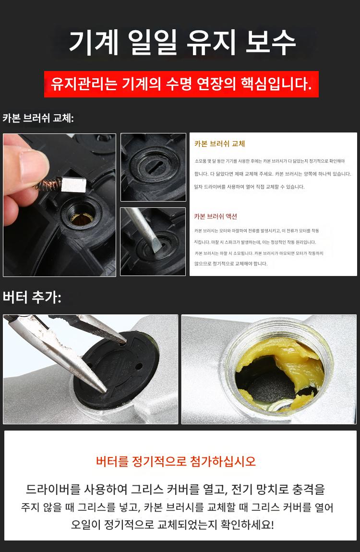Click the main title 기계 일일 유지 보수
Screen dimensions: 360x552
click(x=182, y=43)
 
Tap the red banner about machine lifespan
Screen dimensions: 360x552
click(x=181, y=84)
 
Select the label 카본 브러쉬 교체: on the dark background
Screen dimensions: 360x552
click(x=38, y=118)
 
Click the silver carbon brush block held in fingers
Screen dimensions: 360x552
click(x=73, y=184)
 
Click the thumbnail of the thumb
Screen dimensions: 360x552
click(x=34, y=164)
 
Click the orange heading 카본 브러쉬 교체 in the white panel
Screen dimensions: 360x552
click(x=219, y=144)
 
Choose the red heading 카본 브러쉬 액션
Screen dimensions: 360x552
click(x=216, y=216)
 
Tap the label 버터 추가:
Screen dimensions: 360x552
click(x=32, y=297)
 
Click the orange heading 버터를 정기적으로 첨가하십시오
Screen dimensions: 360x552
click(x=176, y=461)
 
